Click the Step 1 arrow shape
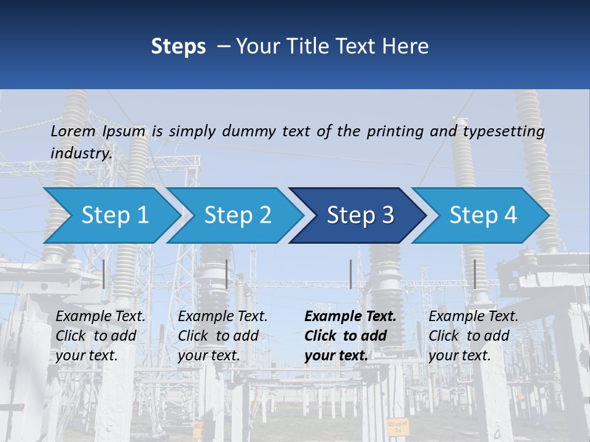click(x=111, y=215)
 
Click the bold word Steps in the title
click(x=178, y=47)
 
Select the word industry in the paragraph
click(x=81, y=153)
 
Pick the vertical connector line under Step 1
click(x=104, y=274)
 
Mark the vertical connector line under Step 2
click(x=227, y=274)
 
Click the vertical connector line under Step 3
click(x=350, y=274)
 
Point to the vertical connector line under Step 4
click(x=474, y=274)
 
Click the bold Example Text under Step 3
click(x=350, y=317)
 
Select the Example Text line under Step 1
click(x=101, y=317)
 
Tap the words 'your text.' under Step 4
click(x=460, y=355)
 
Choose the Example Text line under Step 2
click(x=222, y=317)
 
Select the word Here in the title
click(x=408, y=47)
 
